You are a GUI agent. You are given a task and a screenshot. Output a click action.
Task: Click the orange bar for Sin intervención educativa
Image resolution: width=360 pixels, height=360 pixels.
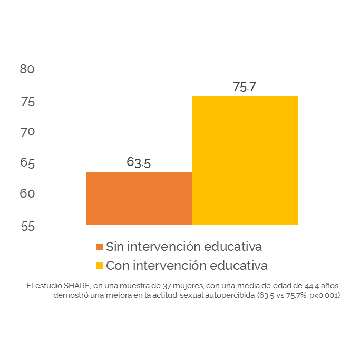(139, 198)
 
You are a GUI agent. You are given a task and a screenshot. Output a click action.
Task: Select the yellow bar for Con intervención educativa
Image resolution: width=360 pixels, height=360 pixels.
(245, 160)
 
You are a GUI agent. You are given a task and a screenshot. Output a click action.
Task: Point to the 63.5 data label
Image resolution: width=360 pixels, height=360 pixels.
(139, 162)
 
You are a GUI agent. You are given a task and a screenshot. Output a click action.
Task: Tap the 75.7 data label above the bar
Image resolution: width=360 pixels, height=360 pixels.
(245, 87)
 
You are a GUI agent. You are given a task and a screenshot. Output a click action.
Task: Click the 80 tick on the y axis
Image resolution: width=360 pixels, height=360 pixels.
(27, 69)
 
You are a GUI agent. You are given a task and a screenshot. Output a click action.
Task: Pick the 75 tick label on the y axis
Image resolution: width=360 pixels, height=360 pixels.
(27, 101)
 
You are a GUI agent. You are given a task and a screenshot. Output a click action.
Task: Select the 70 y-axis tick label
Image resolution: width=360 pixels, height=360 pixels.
(27, 132)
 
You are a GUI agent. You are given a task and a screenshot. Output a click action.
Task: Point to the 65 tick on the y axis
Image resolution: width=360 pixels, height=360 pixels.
(27, 163)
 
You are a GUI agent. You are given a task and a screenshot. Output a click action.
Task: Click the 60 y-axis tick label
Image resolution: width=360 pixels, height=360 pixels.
(27, 193)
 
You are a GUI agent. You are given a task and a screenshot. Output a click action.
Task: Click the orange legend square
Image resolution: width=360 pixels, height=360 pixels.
(99, 247)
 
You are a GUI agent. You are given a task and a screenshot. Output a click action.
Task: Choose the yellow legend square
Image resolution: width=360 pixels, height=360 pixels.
(99, 265)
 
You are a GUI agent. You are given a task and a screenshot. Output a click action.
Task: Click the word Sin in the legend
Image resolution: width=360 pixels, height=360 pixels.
(115, 246)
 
